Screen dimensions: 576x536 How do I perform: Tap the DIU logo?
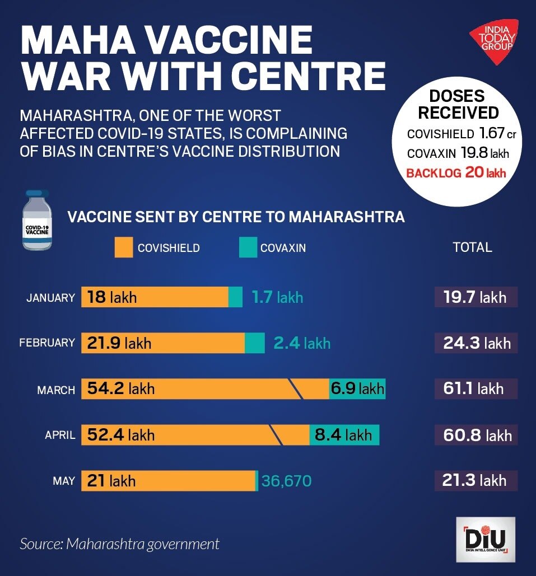click(485, 540)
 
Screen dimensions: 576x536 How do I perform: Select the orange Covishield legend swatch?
click(123, 247)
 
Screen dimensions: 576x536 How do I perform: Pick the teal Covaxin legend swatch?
click(248, 247)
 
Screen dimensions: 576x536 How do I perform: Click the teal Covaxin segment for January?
click(235, 297)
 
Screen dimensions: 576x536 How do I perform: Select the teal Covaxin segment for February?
click(255, 343)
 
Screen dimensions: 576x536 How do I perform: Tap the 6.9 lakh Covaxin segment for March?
click(357, 388)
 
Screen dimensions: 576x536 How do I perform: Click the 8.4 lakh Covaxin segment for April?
click(344, 434)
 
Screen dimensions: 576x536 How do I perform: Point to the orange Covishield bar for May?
click(168, 480)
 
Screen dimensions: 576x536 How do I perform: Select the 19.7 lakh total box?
click(476, 297)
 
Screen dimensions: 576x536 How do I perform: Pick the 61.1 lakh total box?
click(476, 388)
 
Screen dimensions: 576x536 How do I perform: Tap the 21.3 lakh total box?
click(476, 480)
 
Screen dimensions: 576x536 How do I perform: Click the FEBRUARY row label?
click(47, 343)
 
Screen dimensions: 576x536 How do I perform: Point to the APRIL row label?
click(60, 435)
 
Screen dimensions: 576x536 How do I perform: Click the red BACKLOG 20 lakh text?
click(456, 172)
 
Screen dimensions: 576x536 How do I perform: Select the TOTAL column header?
click(472, 247)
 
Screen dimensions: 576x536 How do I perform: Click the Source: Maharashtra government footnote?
click(119, 544)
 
